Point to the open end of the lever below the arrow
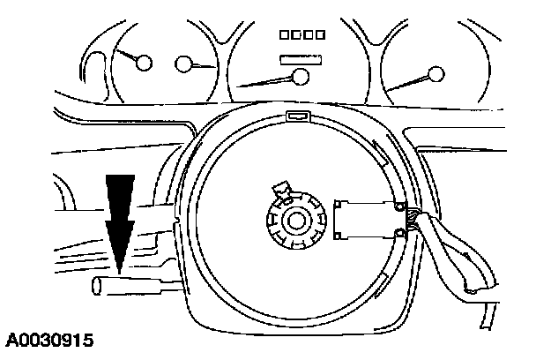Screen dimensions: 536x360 pyautogui.click(x=98, y=285)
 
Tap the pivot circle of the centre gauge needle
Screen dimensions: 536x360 pyautogui.click(x=302, y=77)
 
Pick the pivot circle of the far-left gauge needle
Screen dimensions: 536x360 pyautogui.click(x=144, y=63)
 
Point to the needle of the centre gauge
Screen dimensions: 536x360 pyautogui.click(x=269, y=81)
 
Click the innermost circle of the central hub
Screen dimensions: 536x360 pyautogui.click(x=293, y=218)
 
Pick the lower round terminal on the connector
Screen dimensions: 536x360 pyautogui.click(x=402, y=232)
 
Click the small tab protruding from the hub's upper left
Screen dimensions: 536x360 pyautogui.click(x=282, y=188)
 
